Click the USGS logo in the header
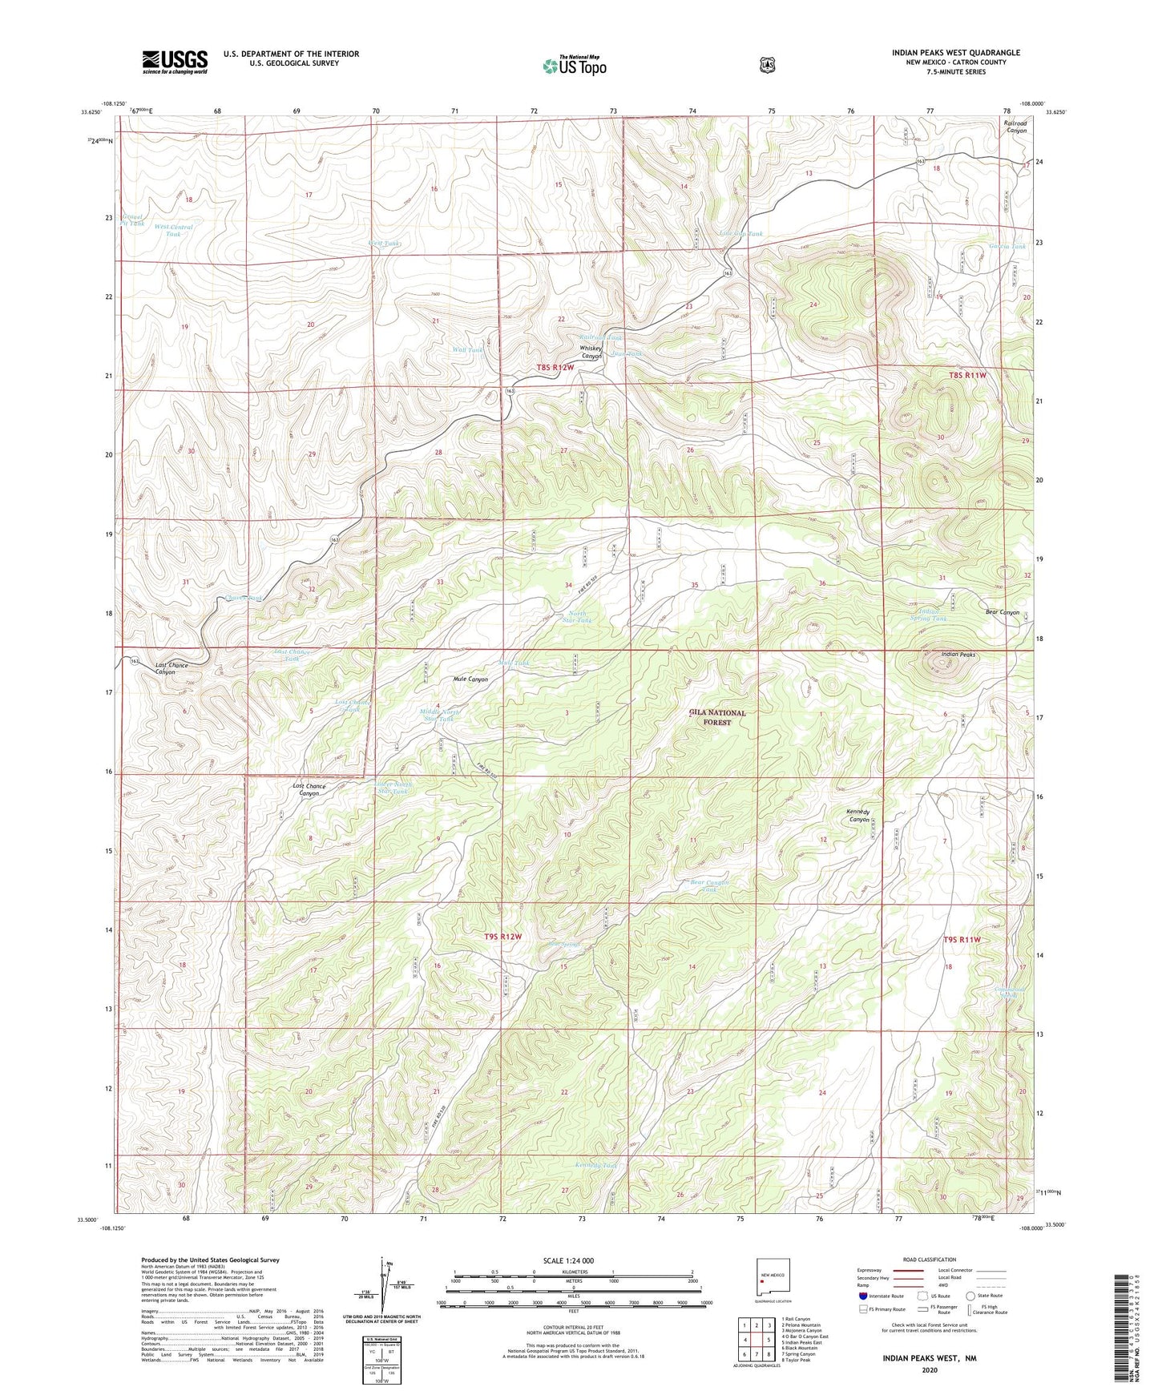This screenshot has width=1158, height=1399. [x=175, y=62]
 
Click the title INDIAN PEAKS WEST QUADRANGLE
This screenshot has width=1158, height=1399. [x=955, y=53]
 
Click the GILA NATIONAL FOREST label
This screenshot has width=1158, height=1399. [x=718, y=717]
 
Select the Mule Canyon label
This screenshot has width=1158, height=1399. [x=470, y=679]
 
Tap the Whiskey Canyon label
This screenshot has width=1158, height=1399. [x=591, y=353]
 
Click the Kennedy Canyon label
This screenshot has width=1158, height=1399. [x=858, y=816]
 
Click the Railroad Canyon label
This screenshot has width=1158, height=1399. [x=1015, y=127]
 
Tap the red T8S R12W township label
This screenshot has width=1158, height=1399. [x=555, y=367]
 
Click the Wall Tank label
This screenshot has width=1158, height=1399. [x=468, y=350]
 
